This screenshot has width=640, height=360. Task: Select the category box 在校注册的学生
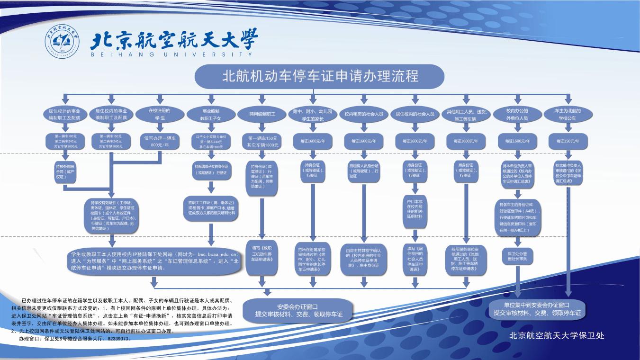[159, 114]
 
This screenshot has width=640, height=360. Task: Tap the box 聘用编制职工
[262, 114]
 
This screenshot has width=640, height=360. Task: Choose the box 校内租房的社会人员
[364, 114]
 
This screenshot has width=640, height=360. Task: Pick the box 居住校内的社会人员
[415, 114]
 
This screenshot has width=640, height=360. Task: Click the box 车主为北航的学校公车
[568, 114]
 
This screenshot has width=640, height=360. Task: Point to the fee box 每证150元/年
[568, 141]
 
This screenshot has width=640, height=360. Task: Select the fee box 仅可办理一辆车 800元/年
[160, 141]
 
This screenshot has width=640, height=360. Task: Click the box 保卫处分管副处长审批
[517, 256]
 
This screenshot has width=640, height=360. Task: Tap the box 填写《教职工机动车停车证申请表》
[262, 256]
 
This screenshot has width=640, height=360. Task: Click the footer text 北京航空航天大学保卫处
[556, 336]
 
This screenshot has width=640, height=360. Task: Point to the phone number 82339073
[117, 339]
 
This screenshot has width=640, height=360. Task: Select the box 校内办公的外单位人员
[517, 114]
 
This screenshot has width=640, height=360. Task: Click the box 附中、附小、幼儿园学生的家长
[313, 114]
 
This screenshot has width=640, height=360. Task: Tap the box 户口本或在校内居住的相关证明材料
[415, 209]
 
